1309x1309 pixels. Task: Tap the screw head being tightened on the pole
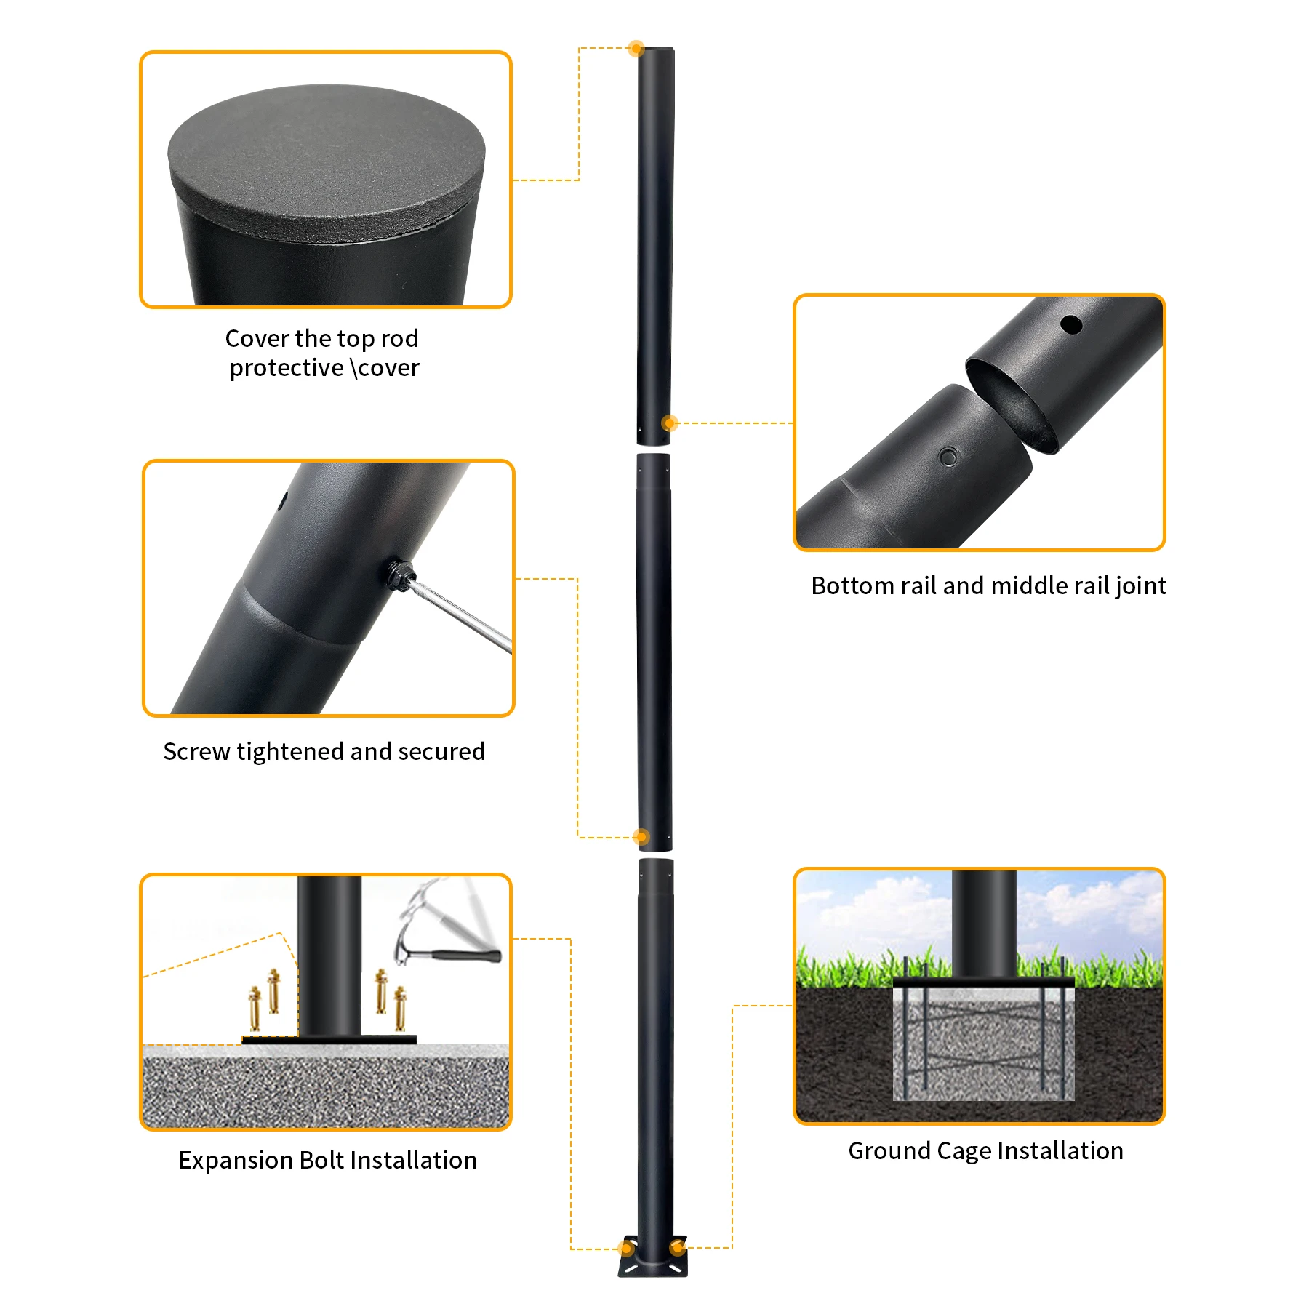399,575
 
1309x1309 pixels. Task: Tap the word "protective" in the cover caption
287,368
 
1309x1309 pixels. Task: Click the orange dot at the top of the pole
636,49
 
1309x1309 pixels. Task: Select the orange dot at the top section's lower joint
670,423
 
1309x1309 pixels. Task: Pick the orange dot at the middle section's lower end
641,837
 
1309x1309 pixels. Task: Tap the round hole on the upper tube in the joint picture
1070,324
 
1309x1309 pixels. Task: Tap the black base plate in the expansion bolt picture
329,1039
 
